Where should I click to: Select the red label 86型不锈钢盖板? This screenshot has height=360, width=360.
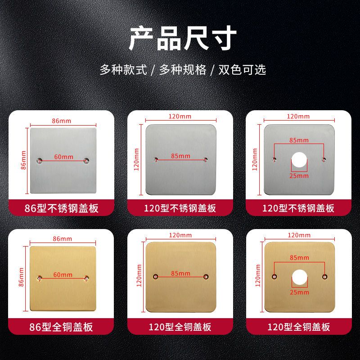coord(61,208)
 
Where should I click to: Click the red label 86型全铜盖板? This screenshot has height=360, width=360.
coord(61,326)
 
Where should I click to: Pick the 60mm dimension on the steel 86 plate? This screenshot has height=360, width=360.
coord(63,157)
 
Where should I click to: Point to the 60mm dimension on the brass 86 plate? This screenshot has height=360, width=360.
coord(63,275)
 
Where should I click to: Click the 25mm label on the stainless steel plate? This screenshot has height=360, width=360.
coord(299,175)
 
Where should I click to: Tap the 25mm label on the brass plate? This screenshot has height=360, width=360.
coord(299,292)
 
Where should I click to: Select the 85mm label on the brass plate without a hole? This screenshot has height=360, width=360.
coord(180,274)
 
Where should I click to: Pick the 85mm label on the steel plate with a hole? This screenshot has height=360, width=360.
coord(299,140)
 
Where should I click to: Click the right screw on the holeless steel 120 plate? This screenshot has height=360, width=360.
coord(206,159)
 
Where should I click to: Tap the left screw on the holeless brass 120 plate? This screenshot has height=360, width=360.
coord(155,276)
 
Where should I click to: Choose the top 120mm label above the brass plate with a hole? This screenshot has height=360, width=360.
coord(299,235)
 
